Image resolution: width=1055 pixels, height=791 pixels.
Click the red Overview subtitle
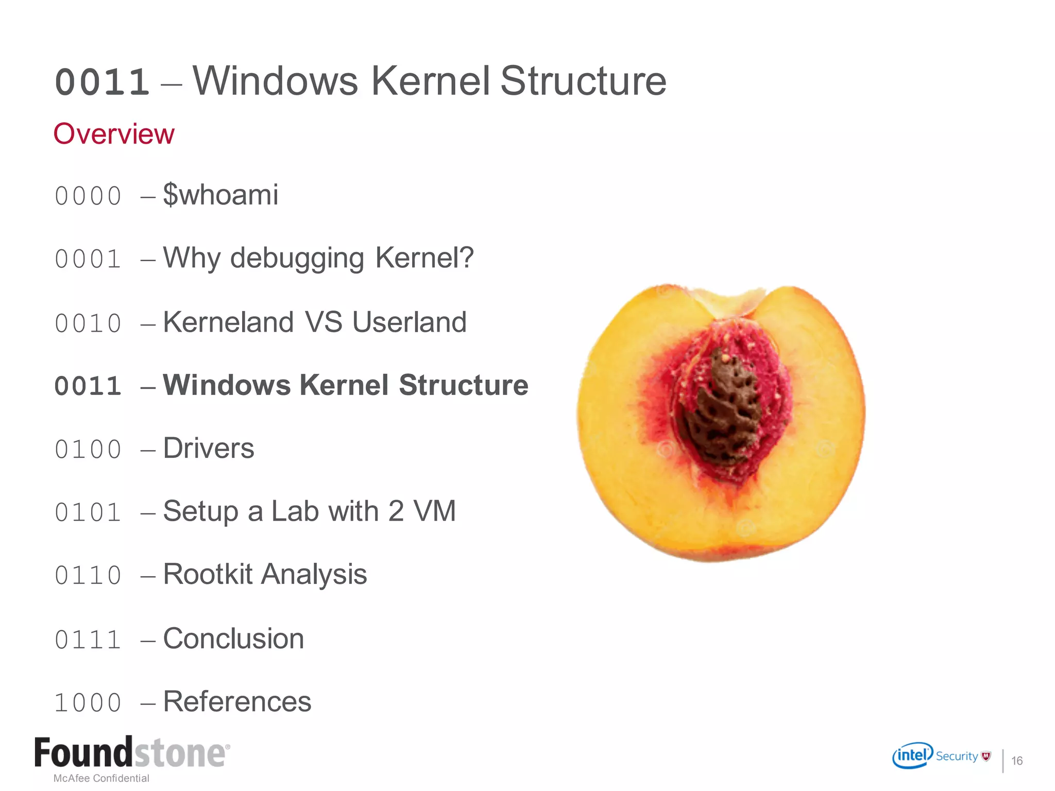pos(114,134)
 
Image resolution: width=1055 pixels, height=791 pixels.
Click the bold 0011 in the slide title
pos(102,82)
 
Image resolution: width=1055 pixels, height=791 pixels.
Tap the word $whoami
pos(220,195)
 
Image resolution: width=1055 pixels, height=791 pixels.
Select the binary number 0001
pos(88,259)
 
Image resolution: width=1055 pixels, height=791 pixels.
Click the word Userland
pos(410,323)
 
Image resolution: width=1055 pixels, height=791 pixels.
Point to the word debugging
pos(297,258)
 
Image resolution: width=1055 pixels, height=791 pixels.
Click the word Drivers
pos(209,449)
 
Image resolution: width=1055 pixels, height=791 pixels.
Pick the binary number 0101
pos(88,512)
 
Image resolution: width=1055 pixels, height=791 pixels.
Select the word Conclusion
pos(233,639)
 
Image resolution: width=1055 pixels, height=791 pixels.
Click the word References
pos(237,702)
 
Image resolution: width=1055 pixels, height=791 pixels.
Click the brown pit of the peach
pos(724,407)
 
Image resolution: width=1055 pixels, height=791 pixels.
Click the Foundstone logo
pos(132,753)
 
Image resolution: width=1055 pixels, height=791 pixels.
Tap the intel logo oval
pos(912,755)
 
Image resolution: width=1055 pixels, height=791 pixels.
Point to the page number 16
pos(1017,761)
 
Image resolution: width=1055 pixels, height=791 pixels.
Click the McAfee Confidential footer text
pos(101,778)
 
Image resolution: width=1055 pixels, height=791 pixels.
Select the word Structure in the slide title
pos(583,81)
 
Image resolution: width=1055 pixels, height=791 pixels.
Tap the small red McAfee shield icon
pos(986,756)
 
